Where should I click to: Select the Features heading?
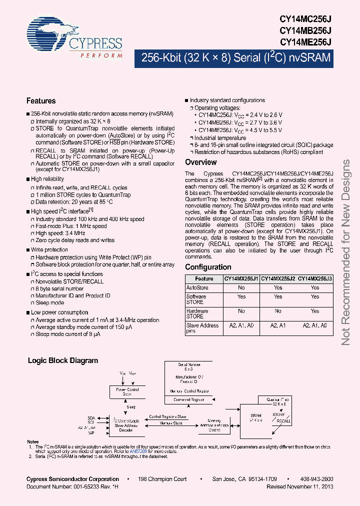pyautogui.click(x=41, y=101)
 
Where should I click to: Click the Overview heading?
pyautogui.click(x=201, y=162)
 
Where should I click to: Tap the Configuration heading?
pyautogui.click(x=208, y=267)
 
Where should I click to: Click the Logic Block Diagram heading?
pyautogui.click(x=63, y=360)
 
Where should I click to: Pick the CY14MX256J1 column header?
pyautogui.click(x=241, y=279)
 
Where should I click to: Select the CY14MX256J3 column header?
pyautogui.click(x=315, y=279)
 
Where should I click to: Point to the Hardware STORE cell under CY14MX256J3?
pyautogui.click(x=315, y=311)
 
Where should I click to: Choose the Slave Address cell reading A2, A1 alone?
pyautogui.click(x=278, y=325)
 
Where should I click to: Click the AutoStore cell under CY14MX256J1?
pyautogui.click(x=241, y=287)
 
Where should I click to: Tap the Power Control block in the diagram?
pyautogui.click(x=128, y=391)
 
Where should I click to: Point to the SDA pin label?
pyautogui.click(x=91, y=417)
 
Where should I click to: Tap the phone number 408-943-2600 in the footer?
pyautogui.click(x=317, y=479)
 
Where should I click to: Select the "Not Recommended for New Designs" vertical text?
pyautogui.click(x=345, y=252)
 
